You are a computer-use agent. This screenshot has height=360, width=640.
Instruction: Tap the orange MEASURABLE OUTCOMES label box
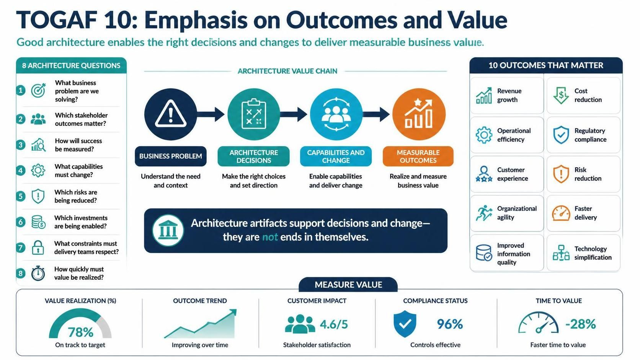(x=418, y=156)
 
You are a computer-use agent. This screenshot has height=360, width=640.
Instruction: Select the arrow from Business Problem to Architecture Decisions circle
(x=211, y=114)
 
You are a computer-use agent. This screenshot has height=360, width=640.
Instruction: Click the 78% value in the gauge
(x=80, y=332)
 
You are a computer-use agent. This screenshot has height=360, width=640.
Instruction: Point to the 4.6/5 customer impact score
(x=334, y=324)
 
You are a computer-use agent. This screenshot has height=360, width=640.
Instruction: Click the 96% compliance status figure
(x=450, y=324)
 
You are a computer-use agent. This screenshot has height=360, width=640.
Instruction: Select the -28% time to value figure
(x=581, y=324)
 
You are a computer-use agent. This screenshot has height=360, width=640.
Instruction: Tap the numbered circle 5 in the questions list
(x=21, y=196)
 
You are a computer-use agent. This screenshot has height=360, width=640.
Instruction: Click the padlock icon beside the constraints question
(x=38, y=247)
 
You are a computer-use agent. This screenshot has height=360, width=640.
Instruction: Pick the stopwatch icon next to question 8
(x=38, y=273)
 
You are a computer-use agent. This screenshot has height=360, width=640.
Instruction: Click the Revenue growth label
(x=509, y=95)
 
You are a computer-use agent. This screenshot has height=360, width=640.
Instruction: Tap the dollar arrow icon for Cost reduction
(x=561, y=95)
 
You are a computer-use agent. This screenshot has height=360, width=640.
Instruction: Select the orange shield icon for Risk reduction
(x=561, y=174)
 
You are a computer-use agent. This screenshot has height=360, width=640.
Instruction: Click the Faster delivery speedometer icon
(x=561, y=213)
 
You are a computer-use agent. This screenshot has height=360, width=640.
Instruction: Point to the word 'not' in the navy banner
(x=270, y=237)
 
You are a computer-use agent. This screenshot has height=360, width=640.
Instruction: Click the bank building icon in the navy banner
(x=168, y=230)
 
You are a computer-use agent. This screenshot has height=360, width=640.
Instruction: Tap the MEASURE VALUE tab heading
(x=348, y=285)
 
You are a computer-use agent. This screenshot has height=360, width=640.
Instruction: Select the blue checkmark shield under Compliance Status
(x=405, y=324)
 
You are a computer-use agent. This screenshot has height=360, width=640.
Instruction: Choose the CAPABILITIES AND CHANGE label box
(x=336, y=156)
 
